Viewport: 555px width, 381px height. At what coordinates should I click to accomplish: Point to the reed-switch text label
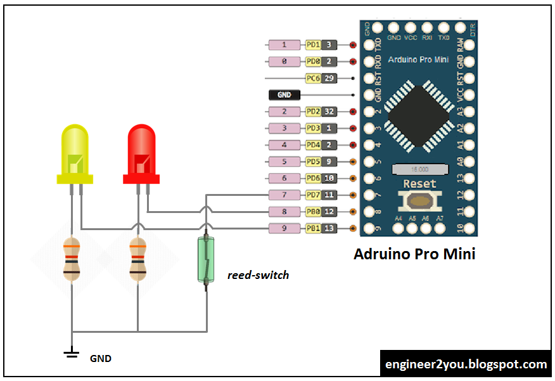coord(258,275)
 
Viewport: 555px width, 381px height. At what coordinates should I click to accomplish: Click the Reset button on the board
coord(419,200)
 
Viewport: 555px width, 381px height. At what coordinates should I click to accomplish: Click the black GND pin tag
coord(284,95)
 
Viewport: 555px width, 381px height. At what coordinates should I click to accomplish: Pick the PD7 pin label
coord(313,195)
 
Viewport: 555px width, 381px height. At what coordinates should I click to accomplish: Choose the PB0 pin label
coord(313,211)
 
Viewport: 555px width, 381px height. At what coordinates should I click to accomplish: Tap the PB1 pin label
coord(313,228)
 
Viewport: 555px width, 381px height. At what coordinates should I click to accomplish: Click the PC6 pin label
coord(313,79)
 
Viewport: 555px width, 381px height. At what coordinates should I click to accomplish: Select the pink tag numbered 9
coord(284,228)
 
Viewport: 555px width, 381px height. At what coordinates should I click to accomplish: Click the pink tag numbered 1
coord(284,45)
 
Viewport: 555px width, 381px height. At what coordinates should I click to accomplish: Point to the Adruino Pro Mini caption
coord(414,254)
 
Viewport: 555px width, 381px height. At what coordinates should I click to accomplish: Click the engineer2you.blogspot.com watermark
coord(466,365)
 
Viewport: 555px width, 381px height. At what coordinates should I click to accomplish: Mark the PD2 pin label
coord(313,112)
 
